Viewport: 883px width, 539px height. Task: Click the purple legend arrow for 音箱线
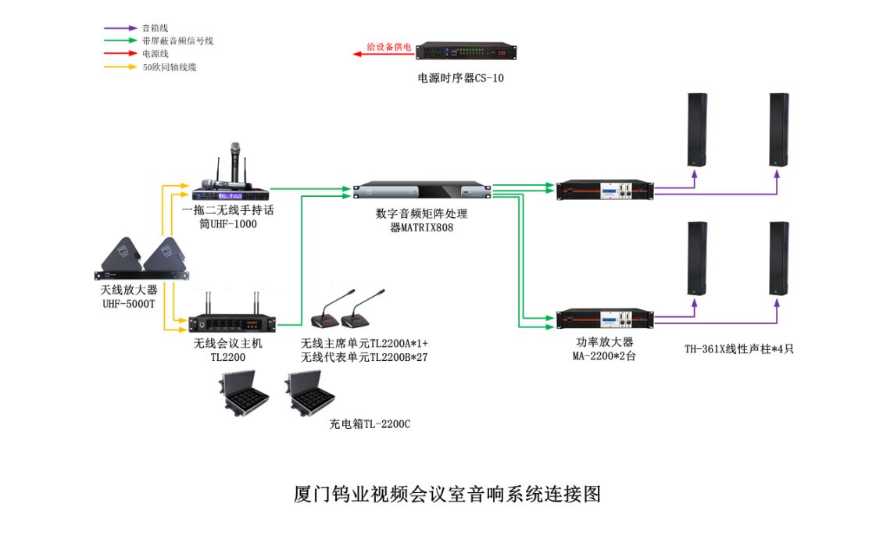click(121, 28)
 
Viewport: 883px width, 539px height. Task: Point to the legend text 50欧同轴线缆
click(169, 67)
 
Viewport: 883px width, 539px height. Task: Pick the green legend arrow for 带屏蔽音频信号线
click(121, 41)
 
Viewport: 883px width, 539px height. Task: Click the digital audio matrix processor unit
click(423, 192)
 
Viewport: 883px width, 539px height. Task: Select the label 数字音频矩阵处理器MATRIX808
click(421, 220)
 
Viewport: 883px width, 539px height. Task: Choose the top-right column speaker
click(778, 130)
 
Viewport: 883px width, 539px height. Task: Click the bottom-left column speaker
click(697, 259)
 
